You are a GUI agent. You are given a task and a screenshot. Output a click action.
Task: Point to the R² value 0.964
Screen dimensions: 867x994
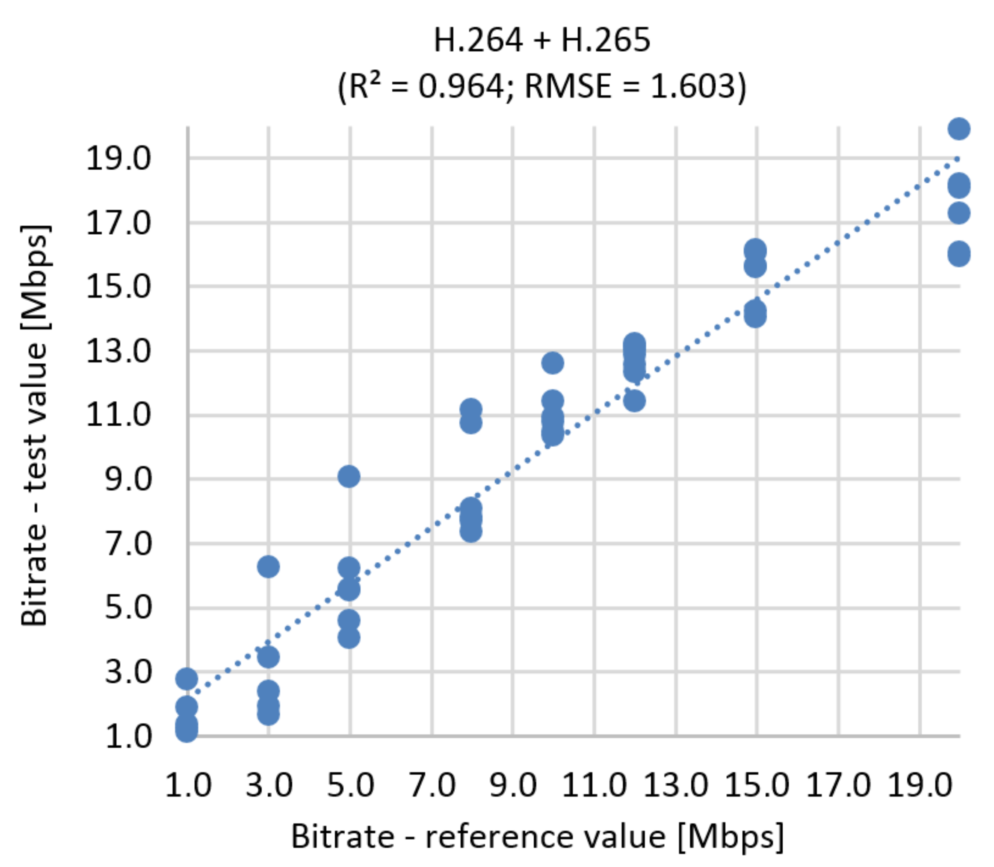460,87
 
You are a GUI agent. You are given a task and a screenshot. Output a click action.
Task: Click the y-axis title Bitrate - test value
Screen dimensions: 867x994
35,426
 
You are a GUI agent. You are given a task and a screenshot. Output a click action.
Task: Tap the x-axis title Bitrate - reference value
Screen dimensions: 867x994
537,836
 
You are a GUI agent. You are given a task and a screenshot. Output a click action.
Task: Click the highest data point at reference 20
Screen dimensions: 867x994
958,129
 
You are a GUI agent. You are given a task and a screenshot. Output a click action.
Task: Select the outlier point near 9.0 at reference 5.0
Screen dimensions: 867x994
349,477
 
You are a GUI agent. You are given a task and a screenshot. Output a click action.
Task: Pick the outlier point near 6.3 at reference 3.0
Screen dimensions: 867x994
269,566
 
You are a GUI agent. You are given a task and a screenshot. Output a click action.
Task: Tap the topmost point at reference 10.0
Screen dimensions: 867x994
553,363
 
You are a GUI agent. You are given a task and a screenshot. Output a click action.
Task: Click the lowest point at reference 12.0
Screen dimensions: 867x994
634,401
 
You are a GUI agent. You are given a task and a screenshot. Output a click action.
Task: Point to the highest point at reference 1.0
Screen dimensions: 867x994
187,679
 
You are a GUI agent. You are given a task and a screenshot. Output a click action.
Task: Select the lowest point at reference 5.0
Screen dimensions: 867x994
349,638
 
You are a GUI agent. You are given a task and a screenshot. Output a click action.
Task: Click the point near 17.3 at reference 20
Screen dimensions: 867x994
958,213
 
